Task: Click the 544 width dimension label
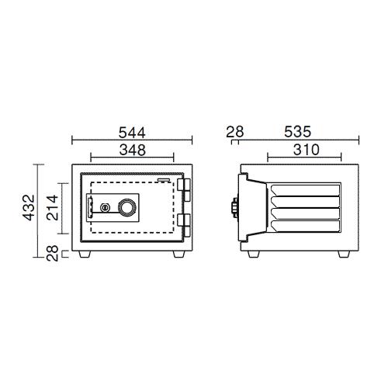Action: click(x=132, y=133)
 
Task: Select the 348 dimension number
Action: click(x=133, y=150)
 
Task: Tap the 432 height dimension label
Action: click(x=29, y=207)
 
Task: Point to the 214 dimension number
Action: click(x=52, y=208)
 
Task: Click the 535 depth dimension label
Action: click(x=297, y=132)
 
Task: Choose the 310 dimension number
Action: click(x=307, y=150)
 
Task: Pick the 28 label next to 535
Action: click(x=235, y=132)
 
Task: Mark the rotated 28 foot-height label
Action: click(x=52, y=253)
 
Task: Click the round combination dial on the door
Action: click(x=127, y=207)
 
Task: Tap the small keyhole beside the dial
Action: click(x=105, y=207)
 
